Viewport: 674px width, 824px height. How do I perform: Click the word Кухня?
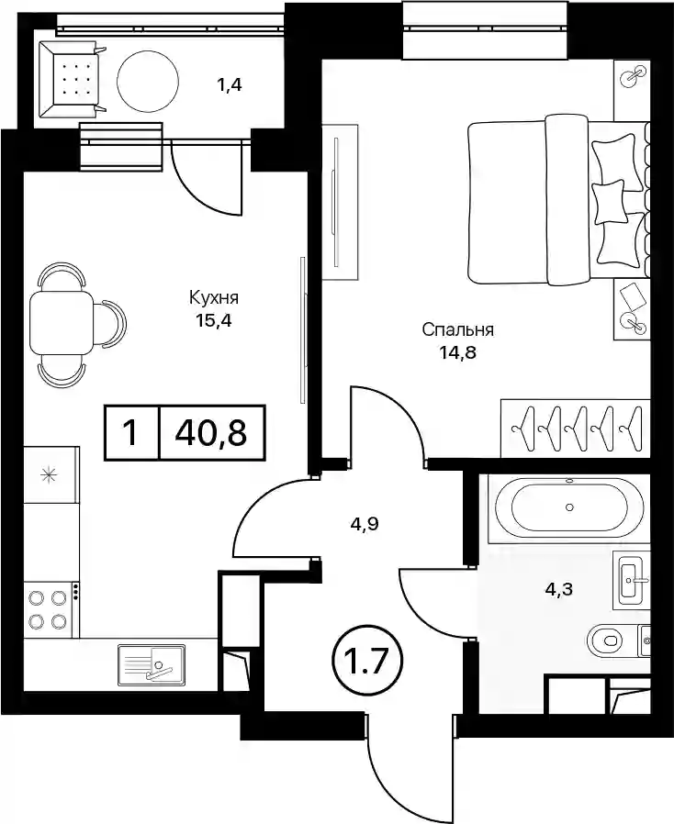[213, 298]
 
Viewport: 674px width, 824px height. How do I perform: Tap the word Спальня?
[458, 330]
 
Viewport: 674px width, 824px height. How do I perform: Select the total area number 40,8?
[212, 433]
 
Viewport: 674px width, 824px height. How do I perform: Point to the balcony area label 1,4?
[230, 84]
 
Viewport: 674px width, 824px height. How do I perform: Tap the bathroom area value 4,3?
[558, 590]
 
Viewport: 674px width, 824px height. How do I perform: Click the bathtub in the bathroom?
[568, 508]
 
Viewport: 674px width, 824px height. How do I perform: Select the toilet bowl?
[609, 640]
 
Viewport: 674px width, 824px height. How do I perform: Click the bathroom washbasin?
[632, 581]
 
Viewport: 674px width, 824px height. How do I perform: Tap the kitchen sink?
[152, 664]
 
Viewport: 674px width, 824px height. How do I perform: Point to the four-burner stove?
[51, 609]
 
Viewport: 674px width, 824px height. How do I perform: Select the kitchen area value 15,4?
[213, 320]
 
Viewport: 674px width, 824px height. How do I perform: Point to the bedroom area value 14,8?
[458, 351]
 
